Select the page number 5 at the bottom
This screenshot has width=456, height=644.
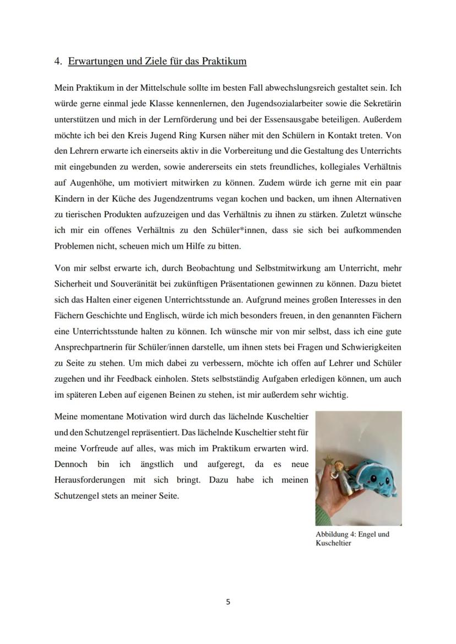click(228, 602)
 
